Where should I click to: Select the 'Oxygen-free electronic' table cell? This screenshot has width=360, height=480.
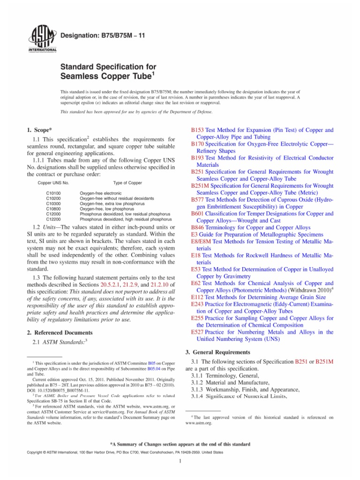coord(101,193)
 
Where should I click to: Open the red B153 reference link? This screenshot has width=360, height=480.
coord(197,130)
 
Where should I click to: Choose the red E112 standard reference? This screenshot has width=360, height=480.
coord(197,297)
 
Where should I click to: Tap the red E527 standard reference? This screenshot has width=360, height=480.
coord(197,332)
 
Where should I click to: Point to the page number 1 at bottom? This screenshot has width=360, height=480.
coord(180,472)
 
